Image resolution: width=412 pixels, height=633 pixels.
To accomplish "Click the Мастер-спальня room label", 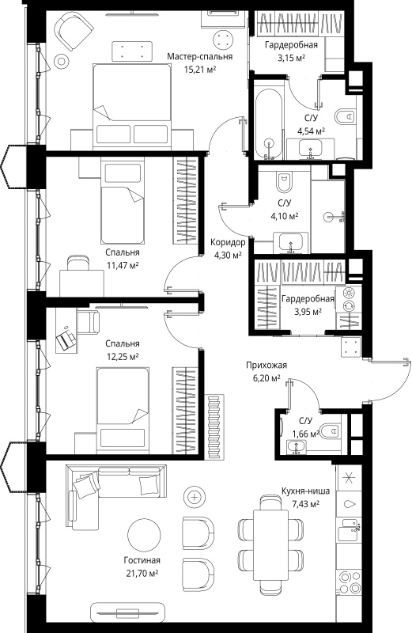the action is pyautogui.click(x=200, y=56).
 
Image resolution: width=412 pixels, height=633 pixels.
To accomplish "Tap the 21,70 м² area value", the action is pyautogui.click(x=141, y=573).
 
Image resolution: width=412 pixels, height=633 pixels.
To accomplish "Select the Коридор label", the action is pyautogui.click(x=228, y=242).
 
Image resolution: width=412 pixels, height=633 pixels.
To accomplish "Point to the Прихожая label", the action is pyautogui.click(x=266, y=366).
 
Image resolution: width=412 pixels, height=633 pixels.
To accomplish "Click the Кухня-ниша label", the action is pyautogui.click(x=305, y=491).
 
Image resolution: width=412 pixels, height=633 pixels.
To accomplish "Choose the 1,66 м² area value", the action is pyautogui.click(x=306, y=434).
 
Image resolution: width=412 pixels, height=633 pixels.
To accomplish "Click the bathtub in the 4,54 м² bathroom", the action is pyautogui.click(x=267, y=123).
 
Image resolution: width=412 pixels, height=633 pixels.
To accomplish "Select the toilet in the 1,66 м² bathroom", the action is pyautogui.click(x=330, y=430).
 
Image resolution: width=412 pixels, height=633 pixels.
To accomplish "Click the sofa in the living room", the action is pyautogui.click(x=115, y=498).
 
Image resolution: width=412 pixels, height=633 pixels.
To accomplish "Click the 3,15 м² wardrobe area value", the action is pyautogui.click(x=290, y=58).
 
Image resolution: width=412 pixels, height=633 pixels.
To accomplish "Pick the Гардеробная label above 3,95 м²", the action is pyautogui.click(x=308, y=299).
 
